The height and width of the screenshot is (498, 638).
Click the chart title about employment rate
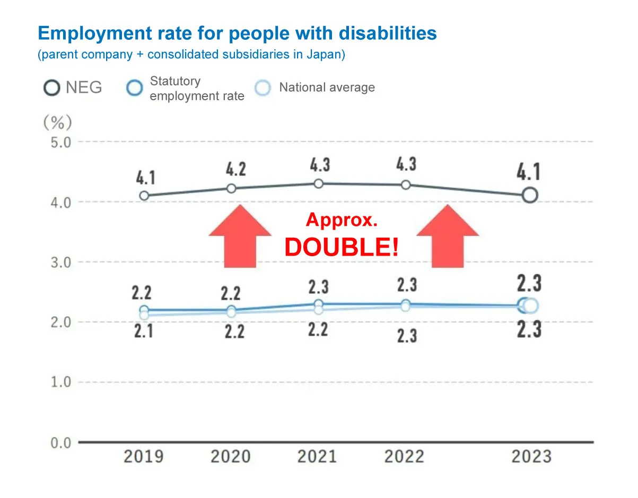pos(237,33)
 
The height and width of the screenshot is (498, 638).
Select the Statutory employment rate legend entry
pos(186,89)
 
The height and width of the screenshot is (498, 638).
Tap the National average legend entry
pos(315,88)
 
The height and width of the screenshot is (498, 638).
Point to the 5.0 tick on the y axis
pos(61,142)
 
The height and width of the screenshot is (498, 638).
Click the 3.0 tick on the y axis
pos(61,262)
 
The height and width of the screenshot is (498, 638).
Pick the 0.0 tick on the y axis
pos(61,442)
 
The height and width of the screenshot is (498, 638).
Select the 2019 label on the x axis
pos(143,456)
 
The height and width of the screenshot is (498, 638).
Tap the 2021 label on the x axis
pos(317,456)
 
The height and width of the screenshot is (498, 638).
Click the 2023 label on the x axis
pos(531,456)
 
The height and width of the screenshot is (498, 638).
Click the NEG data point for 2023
pos(530,195)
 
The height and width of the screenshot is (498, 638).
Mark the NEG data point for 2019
pos(144,196)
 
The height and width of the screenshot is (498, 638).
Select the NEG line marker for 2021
pos(318,184)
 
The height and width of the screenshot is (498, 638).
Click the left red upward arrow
pos(240,235)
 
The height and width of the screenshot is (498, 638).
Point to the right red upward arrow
pos(448,235)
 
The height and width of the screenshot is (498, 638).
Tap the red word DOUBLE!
pos(342,248)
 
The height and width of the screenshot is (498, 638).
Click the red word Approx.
pos(342,220)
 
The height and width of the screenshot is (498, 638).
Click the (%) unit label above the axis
pos(57,123)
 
